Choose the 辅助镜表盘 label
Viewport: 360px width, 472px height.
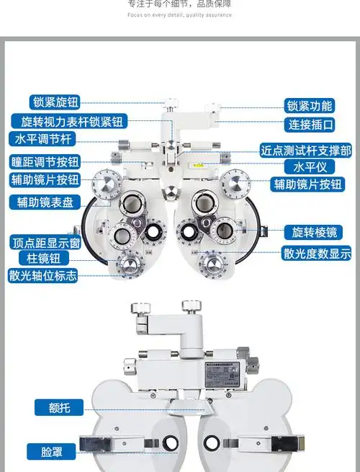coord(45,202)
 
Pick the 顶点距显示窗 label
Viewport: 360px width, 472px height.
coord(45,242)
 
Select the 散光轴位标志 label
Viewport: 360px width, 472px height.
coord(43,275)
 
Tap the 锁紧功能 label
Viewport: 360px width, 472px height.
coord(310,105)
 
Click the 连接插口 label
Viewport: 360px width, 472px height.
coord(311,124)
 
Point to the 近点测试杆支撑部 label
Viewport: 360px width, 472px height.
coord(305,151)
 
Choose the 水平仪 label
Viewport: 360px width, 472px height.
coord(310,166)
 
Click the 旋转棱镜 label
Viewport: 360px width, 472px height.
coord(312,232)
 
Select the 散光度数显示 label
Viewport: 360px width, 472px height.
coord(316,253)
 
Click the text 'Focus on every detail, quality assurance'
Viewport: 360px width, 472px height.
coord(179,14)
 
